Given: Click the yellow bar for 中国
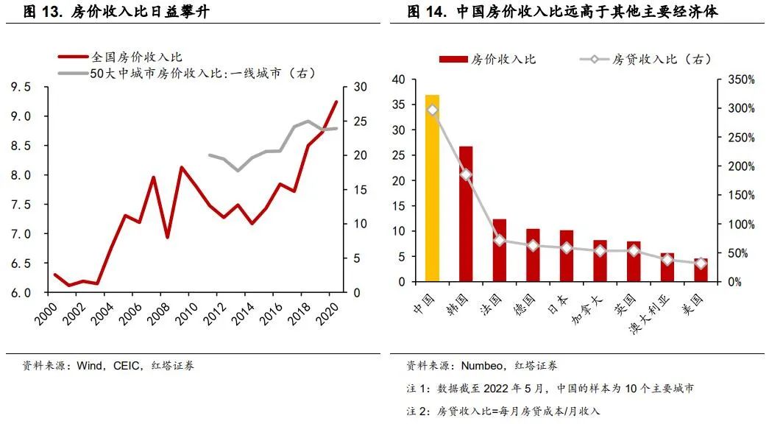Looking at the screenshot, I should pyautogui.click(x=432, y=188).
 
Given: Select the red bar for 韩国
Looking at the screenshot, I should pyautogui.click(x=466, y=213).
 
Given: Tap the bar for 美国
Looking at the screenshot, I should pyautogui.click(x=701, y=270).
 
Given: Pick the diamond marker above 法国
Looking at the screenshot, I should pyautogui.click(x=500, y=240).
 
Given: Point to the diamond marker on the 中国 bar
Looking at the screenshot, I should pyautogui.click(x=432, y=110).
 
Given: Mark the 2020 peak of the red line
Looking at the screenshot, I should pyautogui.click(x=336, y=102).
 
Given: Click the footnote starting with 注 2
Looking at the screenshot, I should pyautogui.click(x=503, y=411).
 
